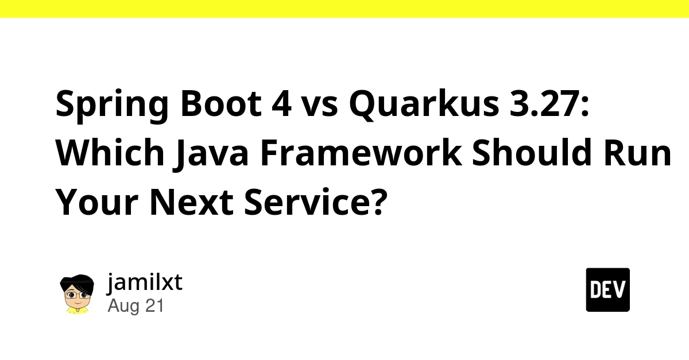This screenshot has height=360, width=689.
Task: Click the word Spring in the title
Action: [x=112, y=105]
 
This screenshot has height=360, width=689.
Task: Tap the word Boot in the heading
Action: [x=221, y=103]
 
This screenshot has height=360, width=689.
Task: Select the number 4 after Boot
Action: [x=281, y=103]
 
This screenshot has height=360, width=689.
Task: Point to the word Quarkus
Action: [x=424, y=104]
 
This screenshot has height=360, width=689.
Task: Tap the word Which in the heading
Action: [x=110, y=152]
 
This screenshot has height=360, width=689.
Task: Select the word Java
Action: [x=211, y=154]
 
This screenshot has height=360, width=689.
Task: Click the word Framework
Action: [x=361, y=152]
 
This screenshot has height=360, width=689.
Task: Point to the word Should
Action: [x=532, y=152]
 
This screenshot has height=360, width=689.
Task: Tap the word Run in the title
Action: [x=637, y=153]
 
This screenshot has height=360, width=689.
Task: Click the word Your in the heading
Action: [x=97, y=202]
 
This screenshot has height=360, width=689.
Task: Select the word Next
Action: [x=191, y=202]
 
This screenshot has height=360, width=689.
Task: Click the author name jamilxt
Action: [x=145, y=282]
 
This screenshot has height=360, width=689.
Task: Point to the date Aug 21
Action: [x=136, y=306]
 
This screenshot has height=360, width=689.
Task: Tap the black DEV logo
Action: [x=607, y=290]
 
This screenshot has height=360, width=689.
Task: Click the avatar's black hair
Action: [x=77, y=282]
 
